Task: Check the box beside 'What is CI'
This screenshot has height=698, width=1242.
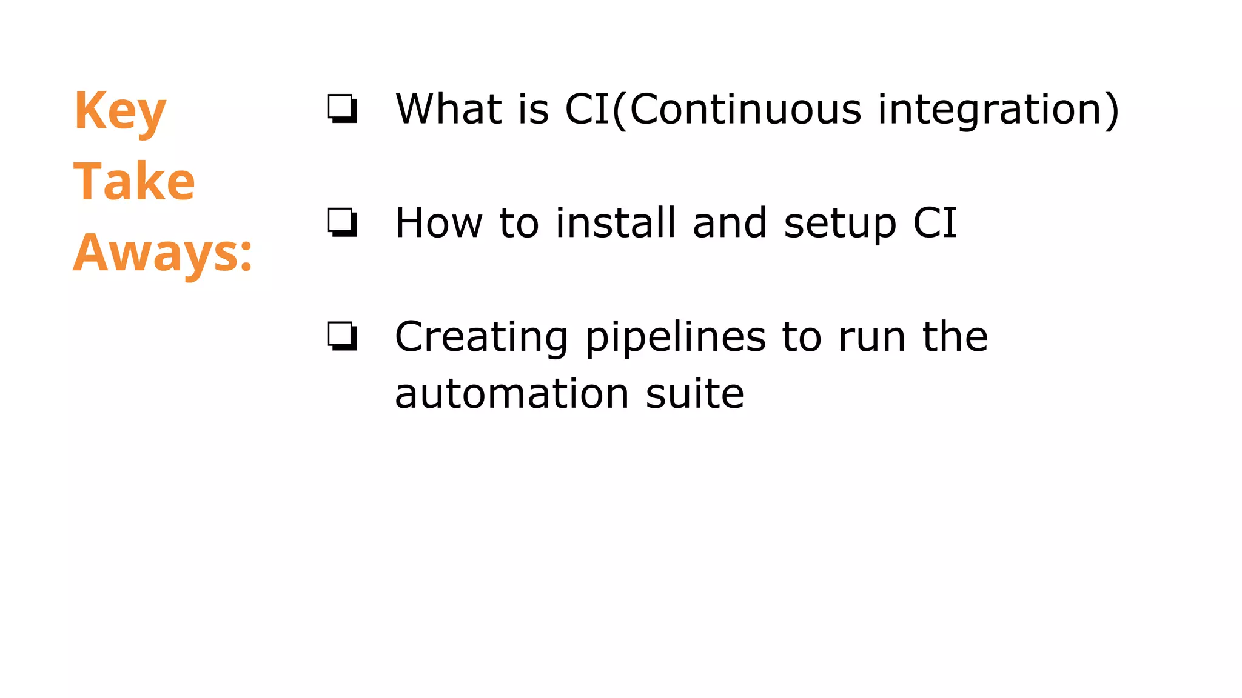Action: (x=342, y=109)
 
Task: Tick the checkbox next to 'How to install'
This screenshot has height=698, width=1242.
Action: (x=342, y=222)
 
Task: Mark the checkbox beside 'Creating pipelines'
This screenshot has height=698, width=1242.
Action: (x=342, y=336)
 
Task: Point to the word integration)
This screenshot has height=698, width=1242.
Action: (x=998, y=110)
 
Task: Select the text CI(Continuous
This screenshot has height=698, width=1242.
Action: (x=713, y=110)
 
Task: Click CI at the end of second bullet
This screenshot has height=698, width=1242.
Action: (x=935, y=222)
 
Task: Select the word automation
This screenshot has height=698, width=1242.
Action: (x=512, y=394)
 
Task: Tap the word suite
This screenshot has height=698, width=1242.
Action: (x=694, y=394)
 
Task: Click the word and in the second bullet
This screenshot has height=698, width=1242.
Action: (x=730, y=222)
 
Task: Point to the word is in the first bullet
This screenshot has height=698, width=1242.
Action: (x=534, y=109)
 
